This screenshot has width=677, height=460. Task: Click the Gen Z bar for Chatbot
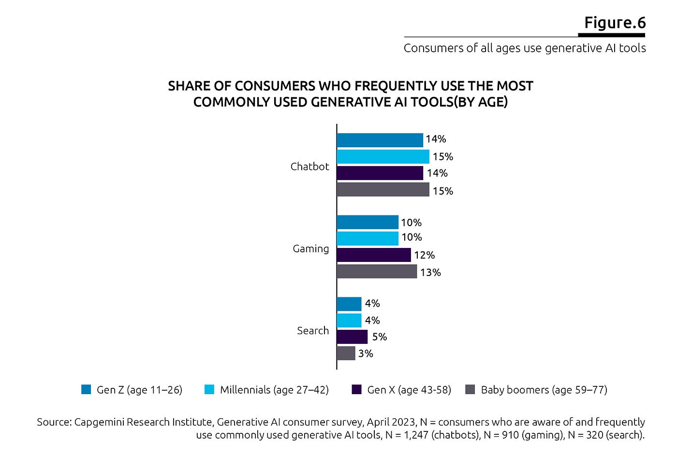[380, 140]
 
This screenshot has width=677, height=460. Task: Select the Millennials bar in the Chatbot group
[383, 156]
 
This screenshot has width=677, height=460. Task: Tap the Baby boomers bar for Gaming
[376, 271]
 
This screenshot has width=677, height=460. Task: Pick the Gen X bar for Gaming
[373, 255]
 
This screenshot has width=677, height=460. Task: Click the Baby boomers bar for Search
[346, 353]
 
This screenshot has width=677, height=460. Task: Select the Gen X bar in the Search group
[352, 337]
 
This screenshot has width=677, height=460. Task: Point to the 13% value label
[430, 272]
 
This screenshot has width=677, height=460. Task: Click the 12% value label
[424, 255]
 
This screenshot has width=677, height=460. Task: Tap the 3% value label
[366, 353]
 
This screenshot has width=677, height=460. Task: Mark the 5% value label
[379, 337]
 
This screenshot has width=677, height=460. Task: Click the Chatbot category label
[309, 166]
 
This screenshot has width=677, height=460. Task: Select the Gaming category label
[310, 248]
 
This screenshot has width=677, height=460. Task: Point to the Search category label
[312, 330]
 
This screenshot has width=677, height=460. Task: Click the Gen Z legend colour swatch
[86, 389]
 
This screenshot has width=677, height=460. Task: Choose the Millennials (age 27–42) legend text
[274, 390]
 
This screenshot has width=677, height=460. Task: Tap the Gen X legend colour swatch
[357, 389]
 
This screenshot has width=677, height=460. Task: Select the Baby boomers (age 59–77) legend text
[544, 390]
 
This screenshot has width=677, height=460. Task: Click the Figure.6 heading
[615, 22]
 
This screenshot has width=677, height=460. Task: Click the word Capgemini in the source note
[98, 422]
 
